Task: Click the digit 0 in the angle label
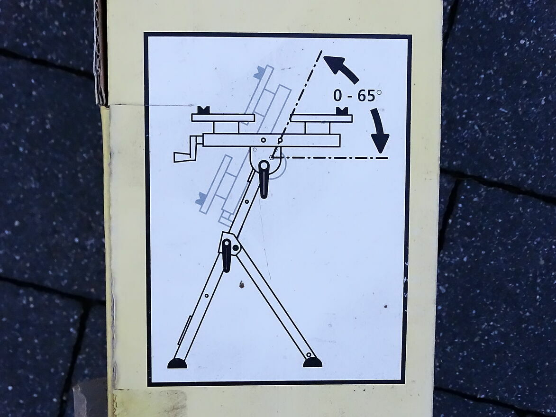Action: [x=338, y=96]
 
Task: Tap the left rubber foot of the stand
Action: [x=177, y=363]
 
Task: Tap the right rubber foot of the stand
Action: [x=312, y=362]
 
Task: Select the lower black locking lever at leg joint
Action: [x=226, y=255]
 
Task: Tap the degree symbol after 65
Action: [x=379, y=92]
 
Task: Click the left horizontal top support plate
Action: [x=223, y=118]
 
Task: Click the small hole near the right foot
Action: [x=309, y=354]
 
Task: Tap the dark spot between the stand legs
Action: [x=242, y=284]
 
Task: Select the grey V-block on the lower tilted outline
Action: [x=201, y=199]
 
